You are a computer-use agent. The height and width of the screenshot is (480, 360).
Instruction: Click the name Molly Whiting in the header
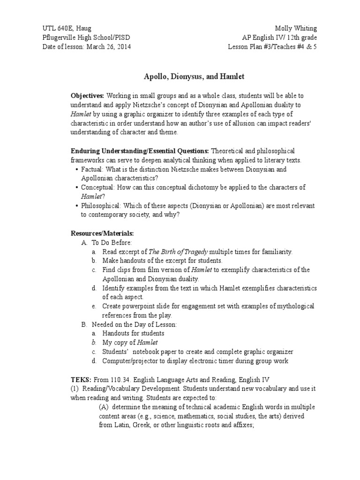coord(297,29)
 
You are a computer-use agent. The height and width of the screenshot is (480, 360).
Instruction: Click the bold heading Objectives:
coord(87,96)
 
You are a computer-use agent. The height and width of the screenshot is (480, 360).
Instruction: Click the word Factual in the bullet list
coord(92,169)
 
